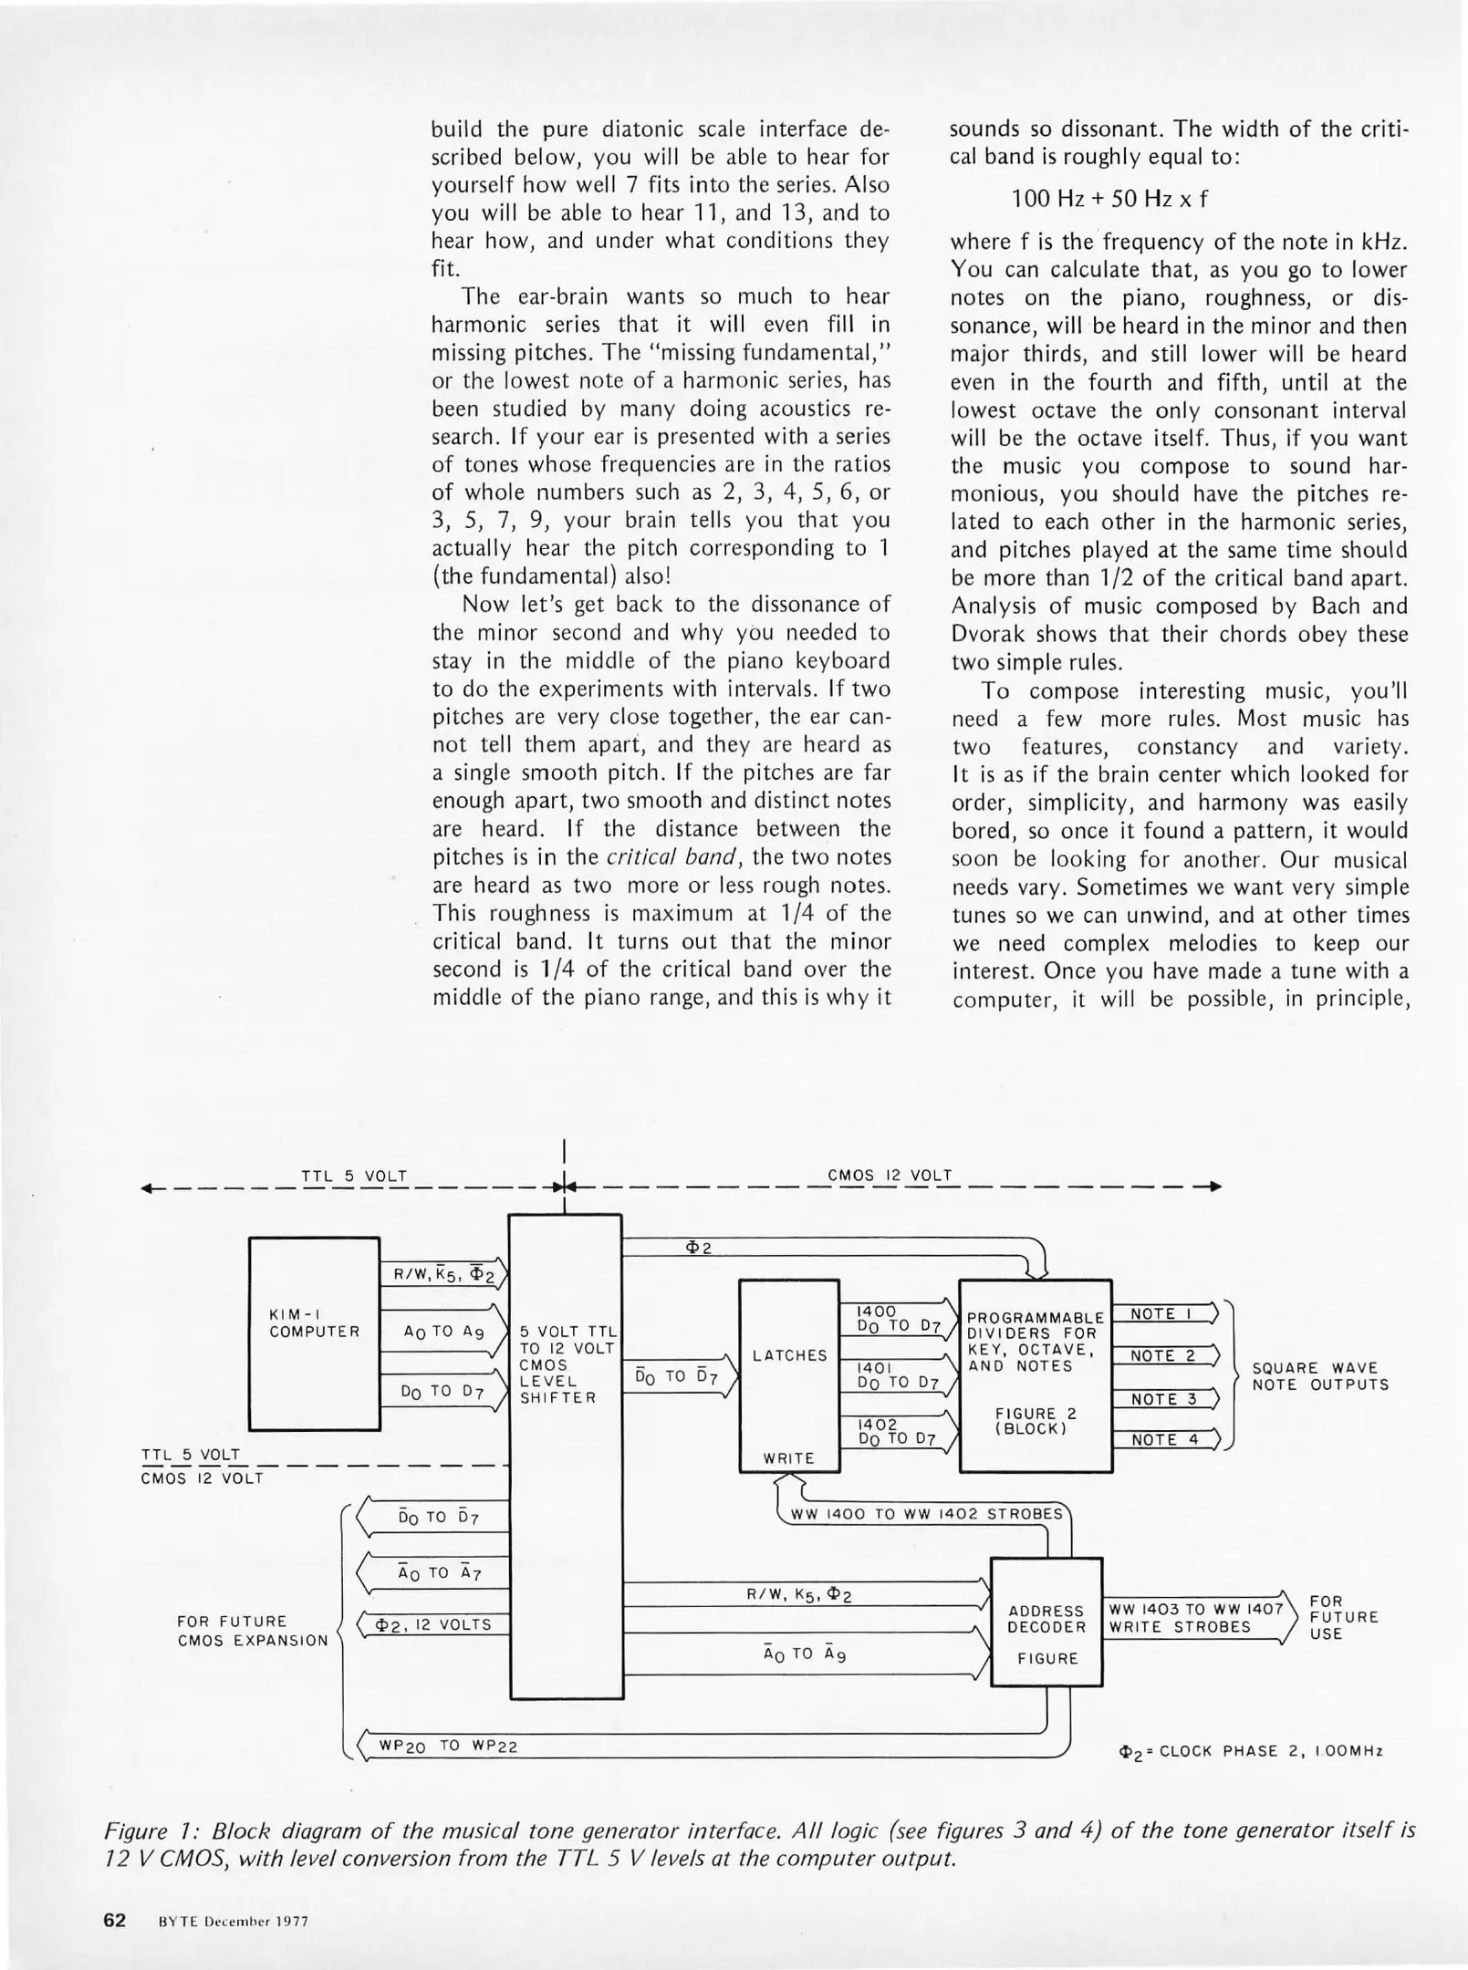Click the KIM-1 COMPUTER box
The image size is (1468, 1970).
314,1332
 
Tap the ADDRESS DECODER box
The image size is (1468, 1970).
1046,1621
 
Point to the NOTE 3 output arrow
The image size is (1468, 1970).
1165,1399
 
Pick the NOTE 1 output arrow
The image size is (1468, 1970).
1165,1314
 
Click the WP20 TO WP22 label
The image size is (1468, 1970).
448,1747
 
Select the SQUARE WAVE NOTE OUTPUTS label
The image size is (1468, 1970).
1319,1376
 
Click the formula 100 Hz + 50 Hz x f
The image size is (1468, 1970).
1109,199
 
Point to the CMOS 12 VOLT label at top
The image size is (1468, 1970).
890,1176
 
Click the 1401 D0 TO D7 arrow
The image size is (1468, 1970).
899,1375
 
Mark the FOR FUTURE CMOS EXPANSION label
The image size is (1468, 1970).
253,1631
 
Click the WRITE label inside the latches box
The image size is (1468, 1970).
789,1458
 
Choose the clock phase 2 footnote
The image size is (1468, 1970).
1251,1751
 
